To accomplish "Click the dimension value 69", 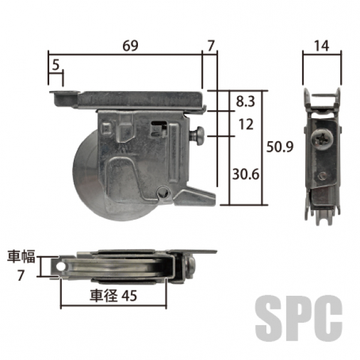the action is [x=130, y=46].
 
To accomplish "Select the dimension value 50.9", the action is [x=280, y=147].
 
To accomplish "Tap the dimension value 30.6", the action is [x=245, y=174].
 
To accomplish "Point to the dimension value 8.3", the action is [x=245, y=101].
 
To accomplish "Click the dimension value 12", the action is [x=246, y=124].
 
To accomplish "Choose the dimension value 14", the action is [x=321, y=46].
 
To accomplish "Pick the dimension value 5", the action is [x=56, y=65].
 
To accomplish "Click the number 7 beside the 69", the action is [x=211, y=46].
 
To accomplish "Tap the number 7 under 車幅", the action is [x=20, y=275].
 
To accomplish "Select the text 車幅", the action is [x=21, y=256].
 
